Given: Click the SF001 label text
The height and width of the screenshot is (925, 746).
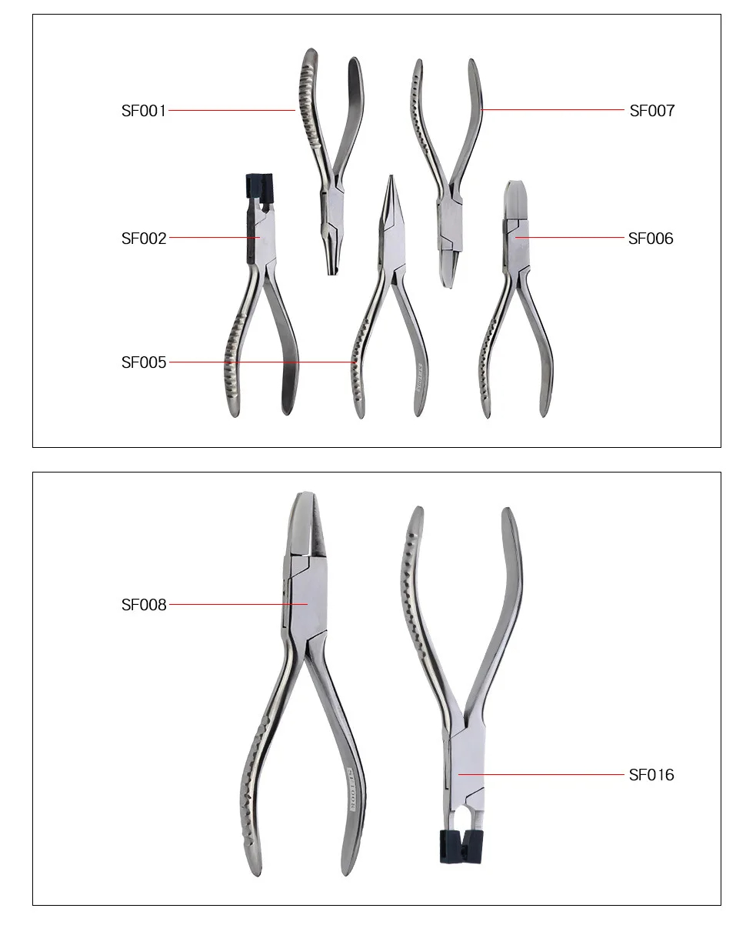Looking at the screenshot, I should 144,111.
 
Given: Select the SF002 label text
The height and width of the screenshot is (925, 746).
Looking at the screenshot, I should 144,239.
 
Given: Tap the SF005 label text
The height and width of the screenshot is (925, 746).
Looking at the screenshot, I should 144,362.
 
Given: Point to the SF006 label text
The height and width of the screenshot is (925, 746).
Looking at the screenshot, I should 650,239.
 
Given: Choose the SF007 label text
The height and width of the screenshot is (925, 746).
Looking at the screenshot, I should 651,111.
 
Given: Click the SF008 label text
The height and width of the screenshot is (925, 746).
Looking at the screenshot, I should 144,605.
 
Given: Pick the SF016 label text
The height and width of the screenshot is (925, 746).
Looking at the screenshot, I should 651,775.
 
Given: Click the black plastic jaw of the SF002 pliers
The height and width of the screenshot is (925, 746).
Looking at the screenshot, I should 260,186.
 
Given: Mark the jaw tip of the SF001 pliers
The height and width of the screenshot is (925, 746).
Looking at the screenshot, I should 332,265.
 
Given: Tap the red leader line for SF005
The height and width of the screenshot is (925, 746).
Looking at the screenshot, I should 261,362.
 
